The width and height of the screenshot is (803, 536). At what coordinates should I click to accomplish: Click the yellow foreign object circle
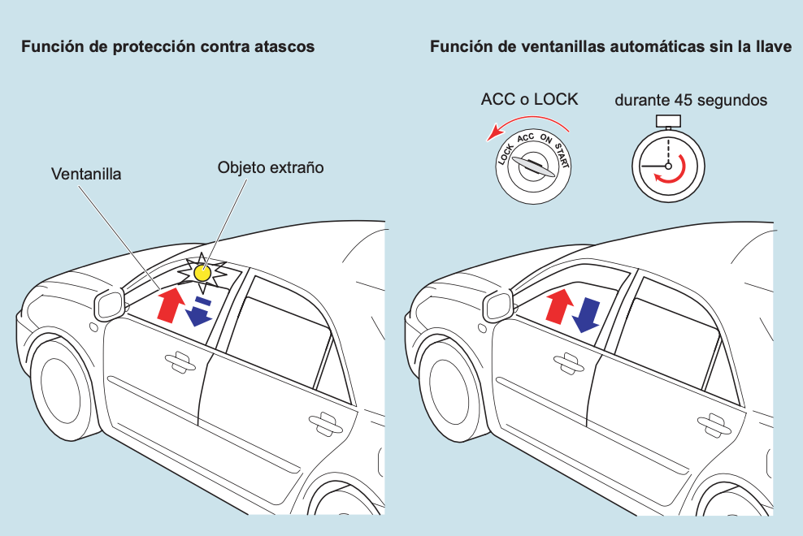(202, 273)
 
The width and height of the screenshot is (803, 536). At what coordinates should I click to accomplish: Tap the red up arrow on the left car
(169, 304)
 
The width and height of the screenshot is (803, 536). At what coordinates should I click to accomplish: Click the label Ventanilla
(86, 174)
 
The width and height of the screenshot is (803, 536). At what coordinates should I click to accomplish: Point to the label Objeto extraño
(271, 168)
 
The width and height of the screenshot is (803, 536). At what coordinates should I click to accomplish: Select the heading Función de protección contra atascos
(168, 47)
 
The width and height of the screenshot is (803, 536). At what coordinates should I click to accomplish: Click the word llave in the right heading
(774, 47)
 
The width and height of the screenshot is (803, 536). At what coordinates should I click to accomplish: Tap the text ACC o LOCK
(529, 99)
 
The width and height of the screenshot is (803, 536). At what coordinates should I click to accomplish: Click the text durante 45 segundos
(691, 101)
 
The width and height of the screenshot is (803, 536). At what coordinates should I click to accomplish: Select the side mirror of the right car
(498, 306)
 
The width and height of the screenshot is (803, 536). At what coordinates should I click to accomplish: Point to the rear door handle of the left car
(323, 420)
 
